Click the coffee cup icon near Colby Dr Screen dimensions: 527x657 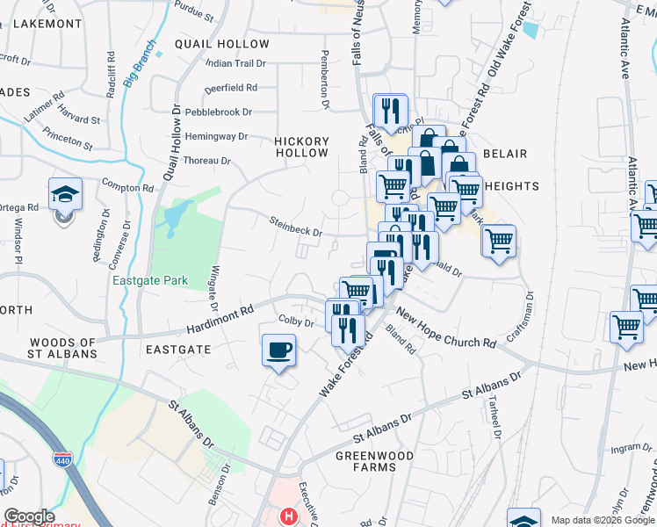click(x=278, y=351)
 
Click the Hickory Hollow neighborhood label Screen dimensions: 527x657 click(x=301, y=147)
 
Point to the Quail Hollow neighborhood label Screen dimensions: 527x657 click(x=222, y=44)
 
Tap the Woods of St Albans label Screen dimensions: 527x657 click(x=62, y=348)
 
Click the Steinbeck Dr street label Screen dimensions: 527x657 click(x=295, y=227)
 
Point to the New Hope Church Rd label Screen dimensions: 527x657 click(x=445, y=328)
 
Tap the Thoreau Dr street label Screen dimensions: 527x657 click(x=206, y=162)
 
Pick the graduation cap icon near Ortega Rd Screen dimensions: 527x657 click(x=65, y=193)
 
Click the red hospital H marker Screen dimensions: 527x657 click(x=287, y=516)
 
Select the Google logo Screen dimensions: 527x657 click(x=30, y=516)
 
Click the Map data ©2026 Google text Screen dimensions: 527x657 click(x=602, y=520)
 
